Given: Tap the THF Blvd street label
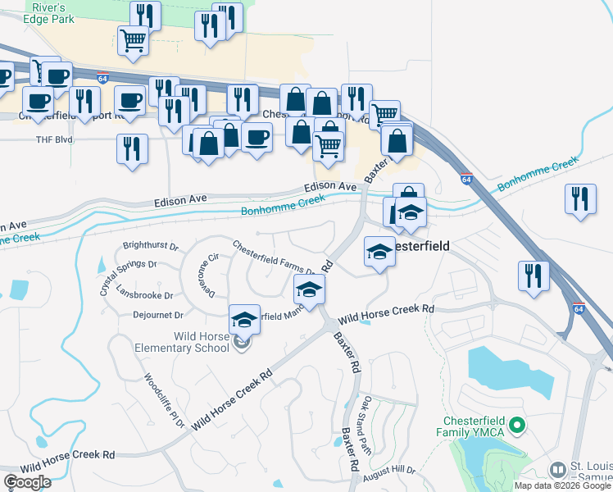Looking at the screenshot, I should tap(54, 139).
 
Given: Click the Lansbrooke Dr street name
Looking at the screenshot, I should tap(145, 294).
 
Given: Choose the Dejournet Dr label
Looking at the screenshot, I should tap(156, 314).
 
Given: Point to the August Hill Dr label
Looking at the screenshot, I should tap(390, 471).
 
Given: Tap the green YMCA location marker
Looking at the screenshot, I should tap(516, 425).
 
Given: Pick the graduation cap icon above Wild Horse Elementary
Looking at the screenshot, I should tap(244, 320).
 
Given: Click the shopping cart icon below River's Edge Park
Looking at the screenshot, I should tap(133, 39).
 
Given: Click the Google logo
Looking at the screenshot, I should tap(27, 482).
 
